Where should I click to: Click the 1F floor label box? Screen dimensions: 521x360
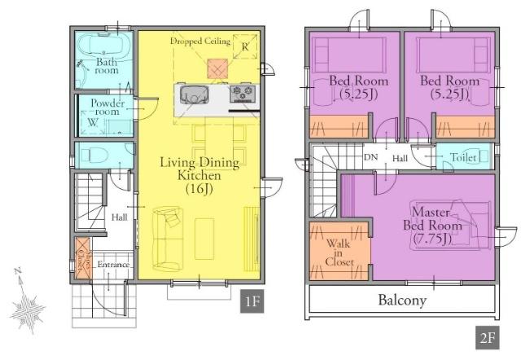pyautogui.click(x=252, y=301)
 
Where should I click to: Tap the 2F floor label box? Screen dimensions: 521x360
pyautogui.click(x=487, y=338)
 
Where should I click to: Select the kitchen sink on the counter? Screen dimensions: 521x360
pyautogui.click(x=195, y=94)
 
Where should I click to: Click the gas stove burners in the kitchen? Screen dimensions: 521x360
pyautogui.click(x=243, y=94)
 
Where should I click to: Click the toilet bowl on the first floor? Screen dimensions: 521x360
pyautogui.click(x=94, y=155)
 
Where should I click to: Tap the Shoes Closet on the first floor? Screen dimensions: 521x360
pyautogui.click(x=82, y=258)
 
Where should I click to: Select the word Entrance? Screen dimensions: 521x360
pyautogui.click(x=113, y=265)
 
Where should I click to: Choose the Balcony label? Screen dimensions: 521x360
pyautogui.click(x=402, y=301)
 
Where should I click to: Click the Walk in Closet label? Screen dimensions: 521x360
pyautogui.click(x=339, y=252)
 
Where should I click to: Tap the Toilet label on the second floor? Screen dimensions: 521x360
pyautogui.click(x=463, y=157)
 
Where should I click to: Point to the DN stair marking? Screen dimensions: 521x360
pyautogui.click(x=371, y=157)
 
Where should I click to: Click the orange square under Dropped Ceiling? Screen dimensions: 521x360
pyautogui.click(x=218, y=69)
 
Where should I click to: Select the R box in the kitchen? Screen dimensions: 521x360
pyautogui.click(x=245, y=46)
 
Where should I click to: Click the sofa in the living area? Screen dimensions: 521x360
pyautogui.click(x=168, y=238)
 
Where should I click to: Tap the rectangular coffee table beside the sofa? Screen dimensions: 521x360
pyautogui.click(x=204, y=239)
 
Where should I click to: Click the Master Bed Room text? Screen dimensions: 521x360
pyautogui.click(x=432, y=226)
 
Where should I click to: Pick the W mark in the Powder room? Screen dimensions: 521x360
pyautogui.click(x=93, y=122)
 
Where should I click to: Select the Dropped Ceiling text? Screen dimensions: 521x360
pyautogui.click(x=200, y=42)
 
